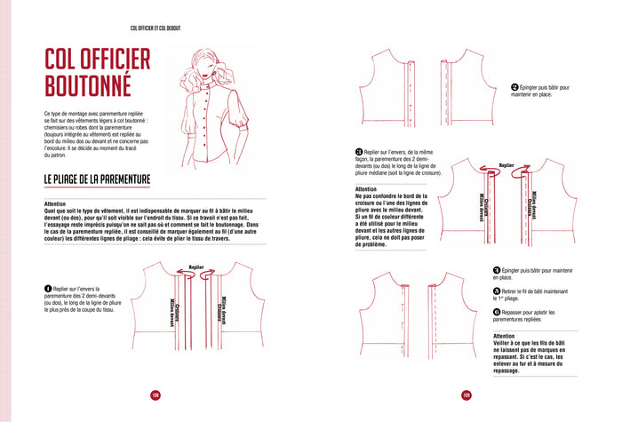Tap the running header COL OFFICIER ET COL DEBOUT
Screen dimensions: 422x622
point(155,28)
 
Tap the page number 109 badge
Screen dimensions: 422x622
point(466,395)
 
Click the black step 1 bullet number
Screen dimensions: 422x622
point(48,289)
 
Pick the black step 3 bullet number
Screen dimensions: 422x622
point(358,153)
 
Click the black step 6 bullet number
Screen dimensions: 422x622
point(497,312)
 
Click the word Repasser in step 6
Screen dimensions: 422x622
point(516,312)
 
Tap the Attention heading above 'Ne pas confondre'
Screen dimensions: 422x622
point(365,189)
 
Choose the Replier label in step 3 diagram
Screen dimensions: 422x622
point(506,164)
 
